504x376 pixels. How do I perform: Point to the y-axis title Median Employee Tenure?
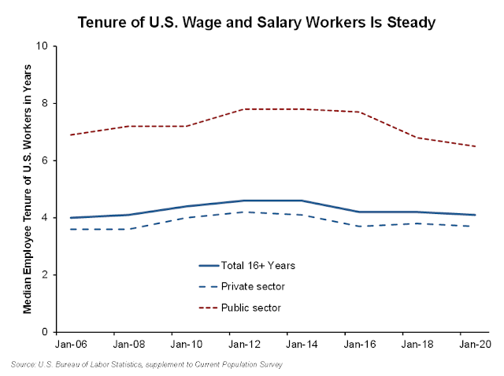click(28, 189)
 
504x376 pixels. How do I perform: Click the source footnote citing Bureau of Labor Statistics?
click(147, 365)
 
